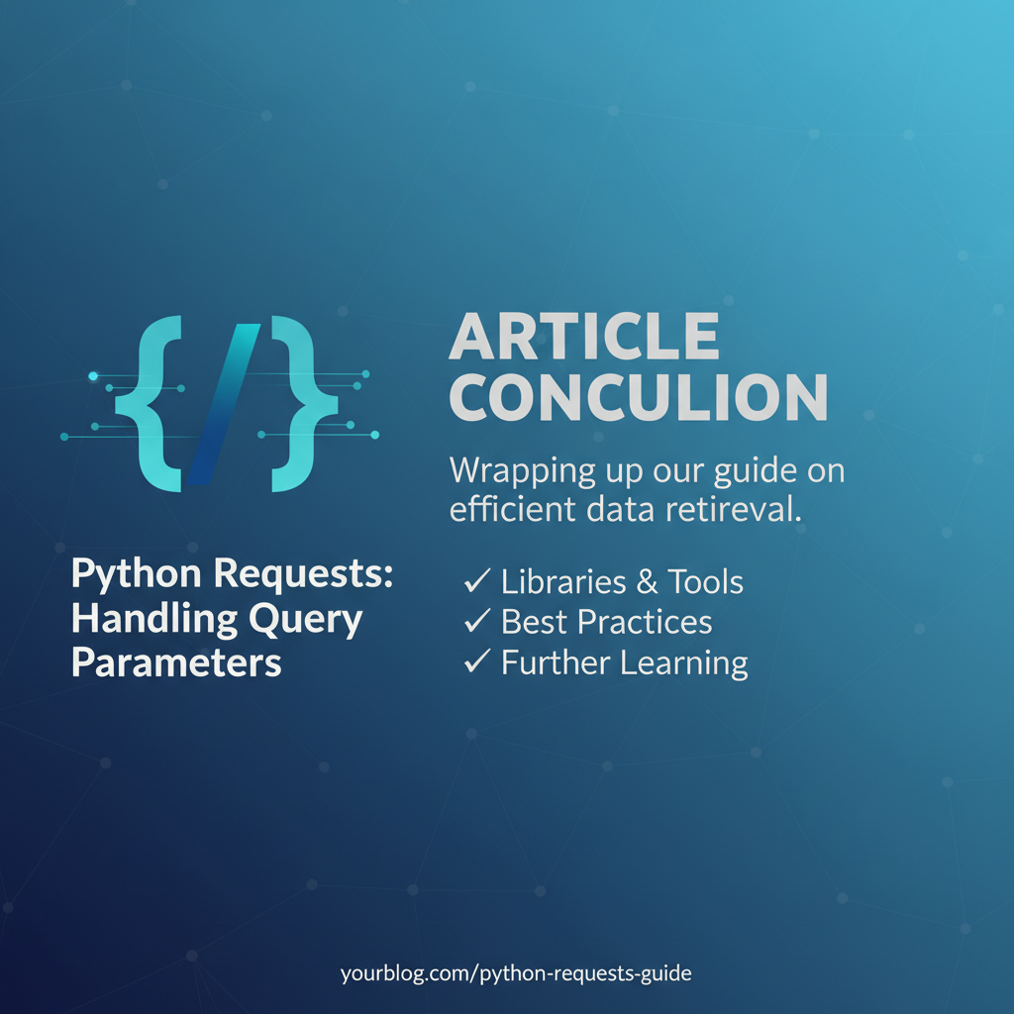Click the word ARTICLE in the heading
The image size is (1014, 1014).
point(584,339)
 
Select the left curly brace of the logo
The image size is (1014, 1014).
point(150,403)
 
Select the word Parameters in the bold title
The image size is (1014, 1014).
point(177,662)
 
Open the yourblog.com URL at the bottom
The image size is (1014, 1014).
point(516,973)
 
